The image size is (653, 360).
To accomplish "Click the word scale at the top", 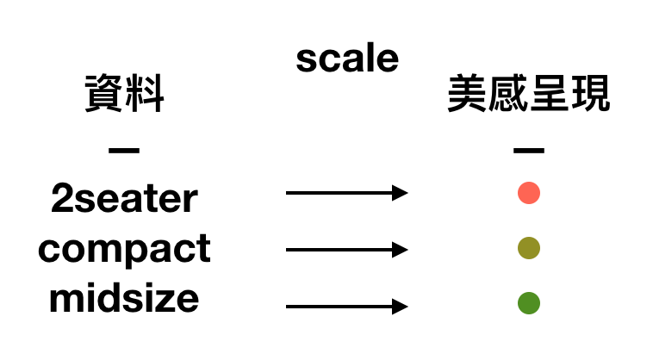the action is [347, 59].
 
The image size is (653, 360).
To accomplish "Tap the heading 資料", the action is [125, 94].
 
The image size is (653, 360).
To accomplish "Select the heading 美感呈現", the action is [529, 94].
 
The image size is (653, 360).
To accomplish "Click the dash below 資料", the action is [124, 150].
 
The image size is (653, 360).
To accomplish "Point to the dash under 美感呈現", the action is [529, 150].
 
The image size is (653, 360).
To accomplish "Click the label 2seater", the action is [125, 199].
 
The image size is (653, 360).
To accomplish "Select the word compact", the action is [125, 250].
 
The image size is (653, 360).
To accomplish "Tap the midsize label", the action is [124, 298].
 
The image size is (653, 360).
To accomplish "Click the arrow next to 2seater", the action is [347, 193].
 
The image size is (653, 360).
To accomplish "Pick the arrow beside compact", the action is [347, 250].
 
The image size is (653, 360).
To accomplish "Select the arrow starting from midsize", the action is [347, 307].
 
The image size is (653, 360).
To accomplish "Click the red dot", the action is [529, 193].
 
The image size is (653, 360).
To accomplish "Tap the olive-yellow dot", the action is [529, 248].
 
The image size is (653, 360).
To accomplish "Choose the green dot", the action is [529, 303].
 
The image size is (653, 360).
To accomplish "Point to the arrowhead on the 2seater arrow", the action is [400, 193].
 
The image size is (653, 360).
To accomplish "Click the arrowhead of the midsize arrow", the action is [400, 307].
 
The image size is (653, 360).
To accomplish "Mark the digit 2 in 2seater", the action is [62, 199].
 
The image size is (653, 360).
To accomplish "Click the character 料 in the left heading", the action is [145, 94].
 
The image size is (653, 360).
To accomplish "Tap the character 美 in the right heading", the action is [467, 94].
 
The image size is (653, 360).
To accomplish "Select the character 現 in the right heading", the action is [591, 94].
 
